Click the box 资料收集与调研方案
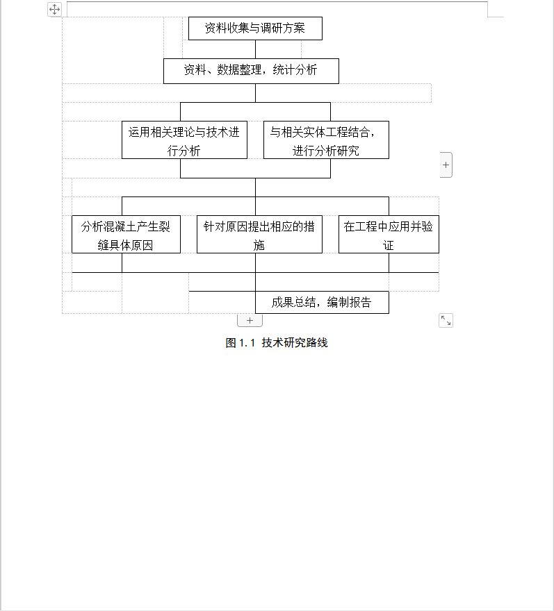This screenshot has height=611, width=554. [255, 28]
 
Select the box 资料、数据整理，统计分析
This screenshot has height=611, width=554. [251, 71]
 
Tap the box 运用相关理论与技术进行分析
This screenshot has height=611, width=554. [184, 140]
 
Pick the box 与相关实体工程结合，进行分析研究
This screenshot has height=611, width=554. [326, 140]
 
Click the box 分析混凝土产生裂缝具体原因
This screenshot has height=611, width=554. [126, 234]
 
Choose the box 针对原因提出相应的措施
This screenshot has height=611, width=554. [259, 234]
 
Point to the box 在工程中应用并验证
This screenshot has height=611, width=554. [389, 234]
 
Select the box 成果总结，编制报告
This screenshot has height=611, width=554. [322, 302]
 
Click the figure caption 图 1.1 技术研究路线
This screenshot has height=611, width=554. [277, 343]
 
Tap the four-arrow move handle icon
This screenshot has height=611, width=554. [55, 9]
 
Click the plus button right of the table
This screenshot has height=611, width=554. [446, 165]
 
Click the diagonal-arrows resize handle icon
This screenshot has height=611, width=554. [446, 320]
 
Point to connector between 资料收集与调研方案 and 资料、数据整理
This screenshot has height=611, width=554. [256, 49]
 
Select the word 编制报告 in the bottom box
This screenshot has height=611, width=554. [349, 302]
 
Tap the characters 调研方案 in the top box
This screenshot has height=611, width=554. [283, 28]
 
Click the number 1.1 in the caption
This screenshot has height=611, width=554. [247, 343]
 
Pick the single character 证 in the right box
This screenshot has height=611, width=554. [388, 246]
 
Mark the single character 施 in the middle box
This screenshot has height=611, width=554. [259, 246]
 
